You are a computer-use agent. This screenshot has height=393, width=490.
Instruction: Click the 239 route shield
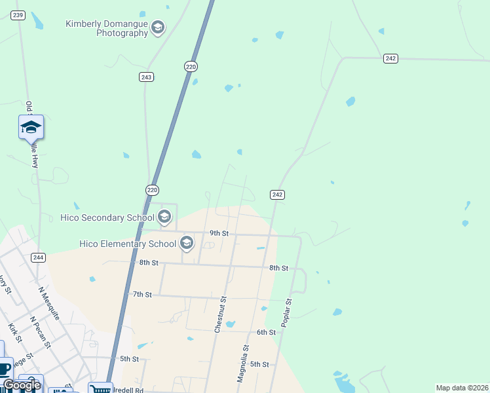18,15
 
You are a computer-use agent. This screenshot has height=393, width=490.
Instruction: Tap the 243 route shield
146,77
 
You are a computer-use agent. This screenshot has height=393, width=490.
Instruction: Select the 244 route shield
38,257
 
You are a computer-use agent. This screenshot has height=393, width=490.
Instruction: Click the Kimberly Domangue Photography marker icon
157,28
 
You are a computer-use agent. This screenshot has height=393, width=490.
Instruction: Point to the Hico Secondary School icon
164,216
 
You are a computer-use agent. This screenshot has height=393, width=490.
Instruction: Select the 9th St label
219,233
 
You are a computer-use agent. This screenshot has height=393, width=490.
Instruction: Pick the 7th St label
142,295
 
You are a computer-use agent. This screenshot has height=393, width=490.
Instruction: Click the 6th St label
266,332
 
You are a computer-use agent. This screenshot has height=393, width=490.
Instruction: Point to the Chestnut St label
221,314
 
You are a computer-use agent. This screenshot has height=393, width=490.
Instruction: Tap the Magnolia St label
243,364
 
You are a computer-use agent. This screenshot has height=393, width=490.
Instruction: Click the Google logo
22,385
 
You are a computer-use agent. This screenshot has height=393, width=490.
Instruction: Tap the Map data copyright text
462,388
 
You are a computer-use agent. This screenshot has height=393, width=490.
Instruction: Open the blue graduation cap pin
31,127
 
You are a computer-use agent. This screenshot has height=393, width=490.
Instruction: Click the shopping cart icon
100,388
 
